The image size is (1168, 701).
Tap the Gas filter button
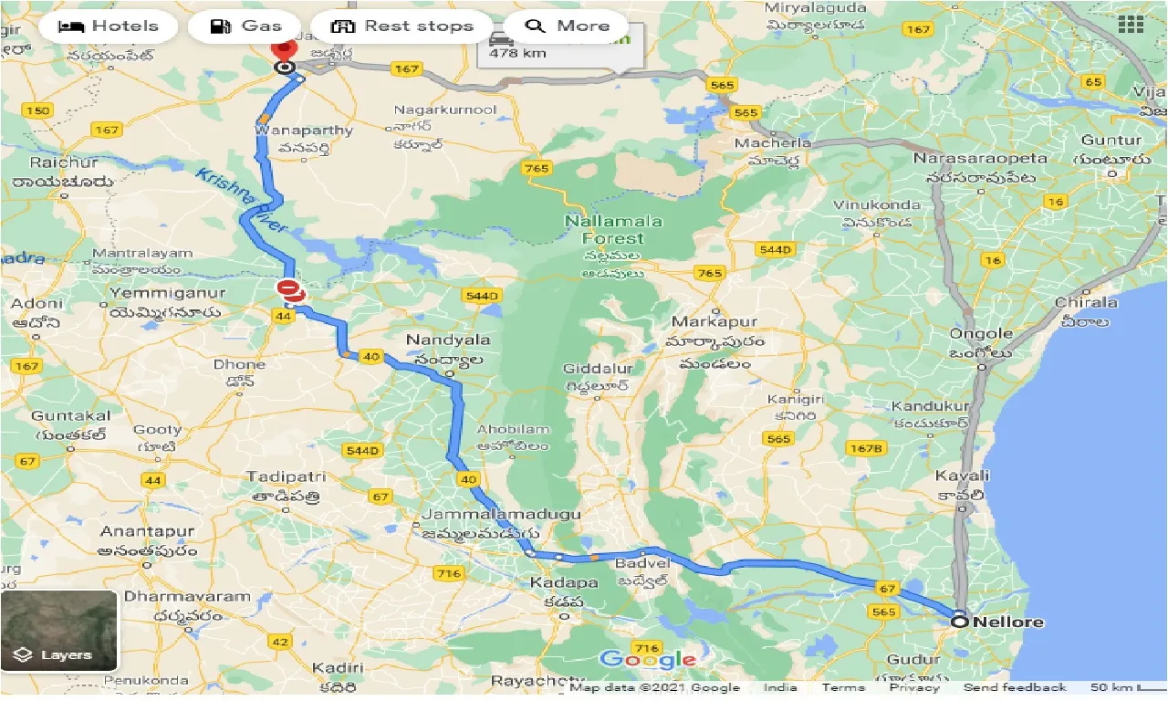point(245,26)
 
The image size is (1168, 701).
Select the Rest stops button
point(402,26)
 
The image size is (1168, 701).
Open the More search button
point(566,26)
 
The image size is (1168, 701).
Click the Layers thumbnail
point(59,631)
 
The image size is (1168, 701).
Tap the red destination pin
point(285,48)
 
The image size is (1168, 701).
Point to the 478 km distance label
point(517,53)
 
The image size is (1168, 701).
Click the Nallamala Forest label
point(615,229)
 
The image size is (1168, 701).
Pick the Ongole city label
point(982,334)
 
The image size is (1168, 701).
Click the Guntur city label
point(1111,140)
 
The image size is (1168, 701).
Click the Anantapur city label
point(148,531)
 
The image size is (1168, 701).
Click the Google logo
point(648,660)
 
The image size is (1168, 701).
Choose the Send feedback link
point(1014,687)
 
